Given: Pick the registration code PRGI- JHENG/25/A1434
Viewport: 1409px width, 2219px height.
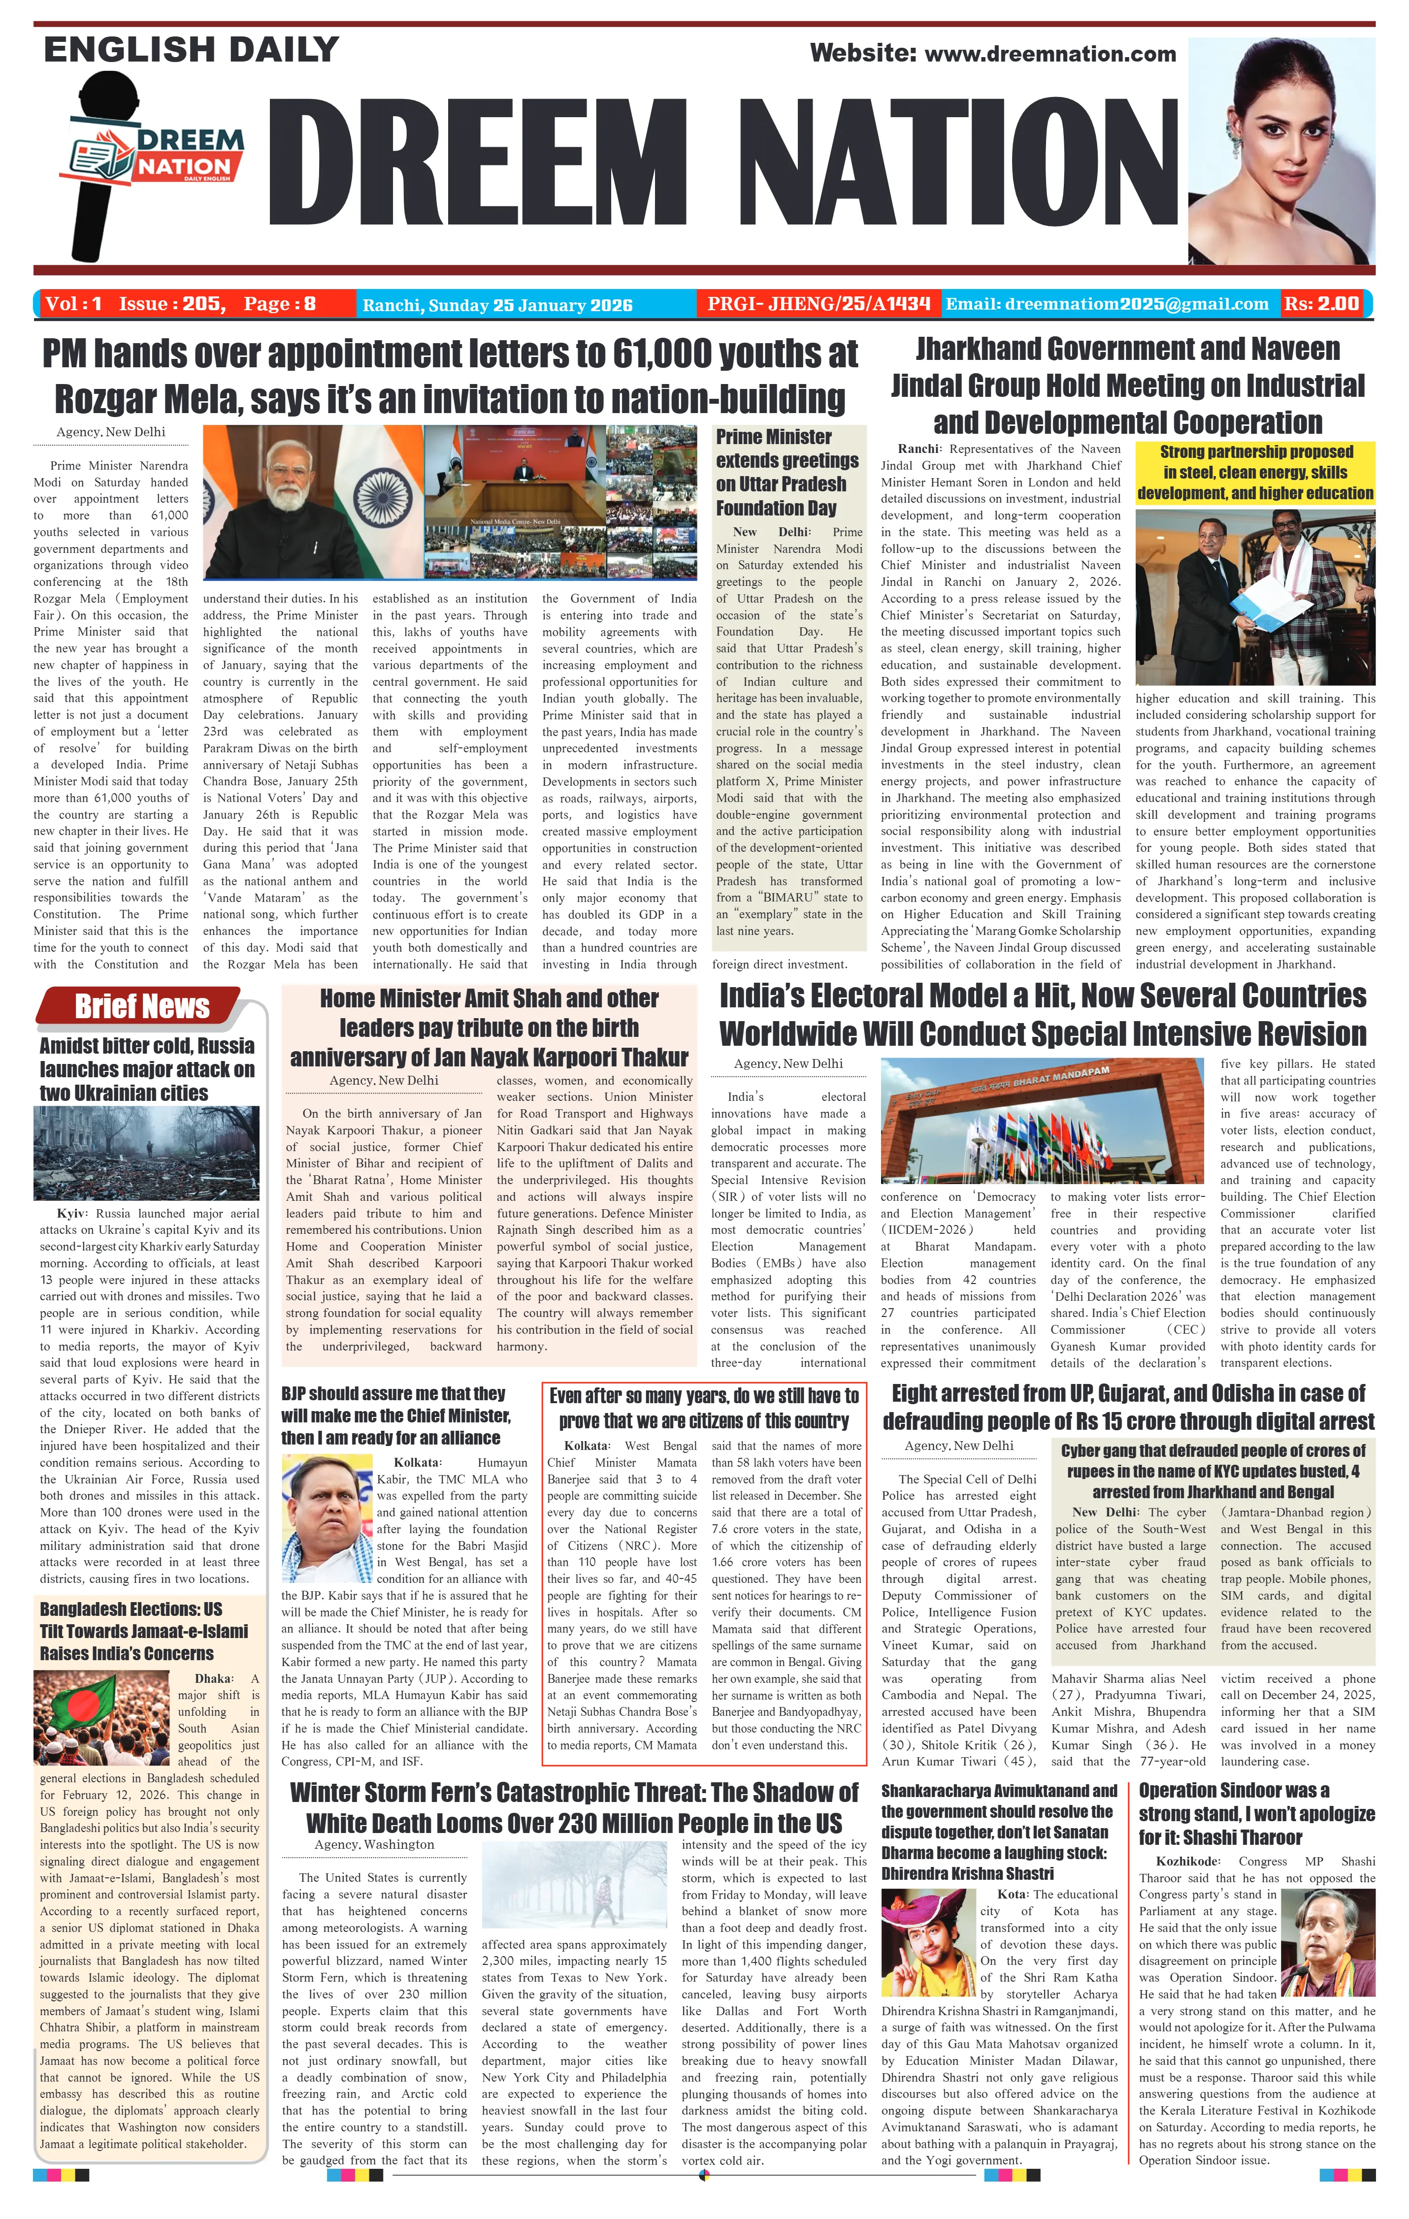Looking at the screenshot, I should coord(819,303).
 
